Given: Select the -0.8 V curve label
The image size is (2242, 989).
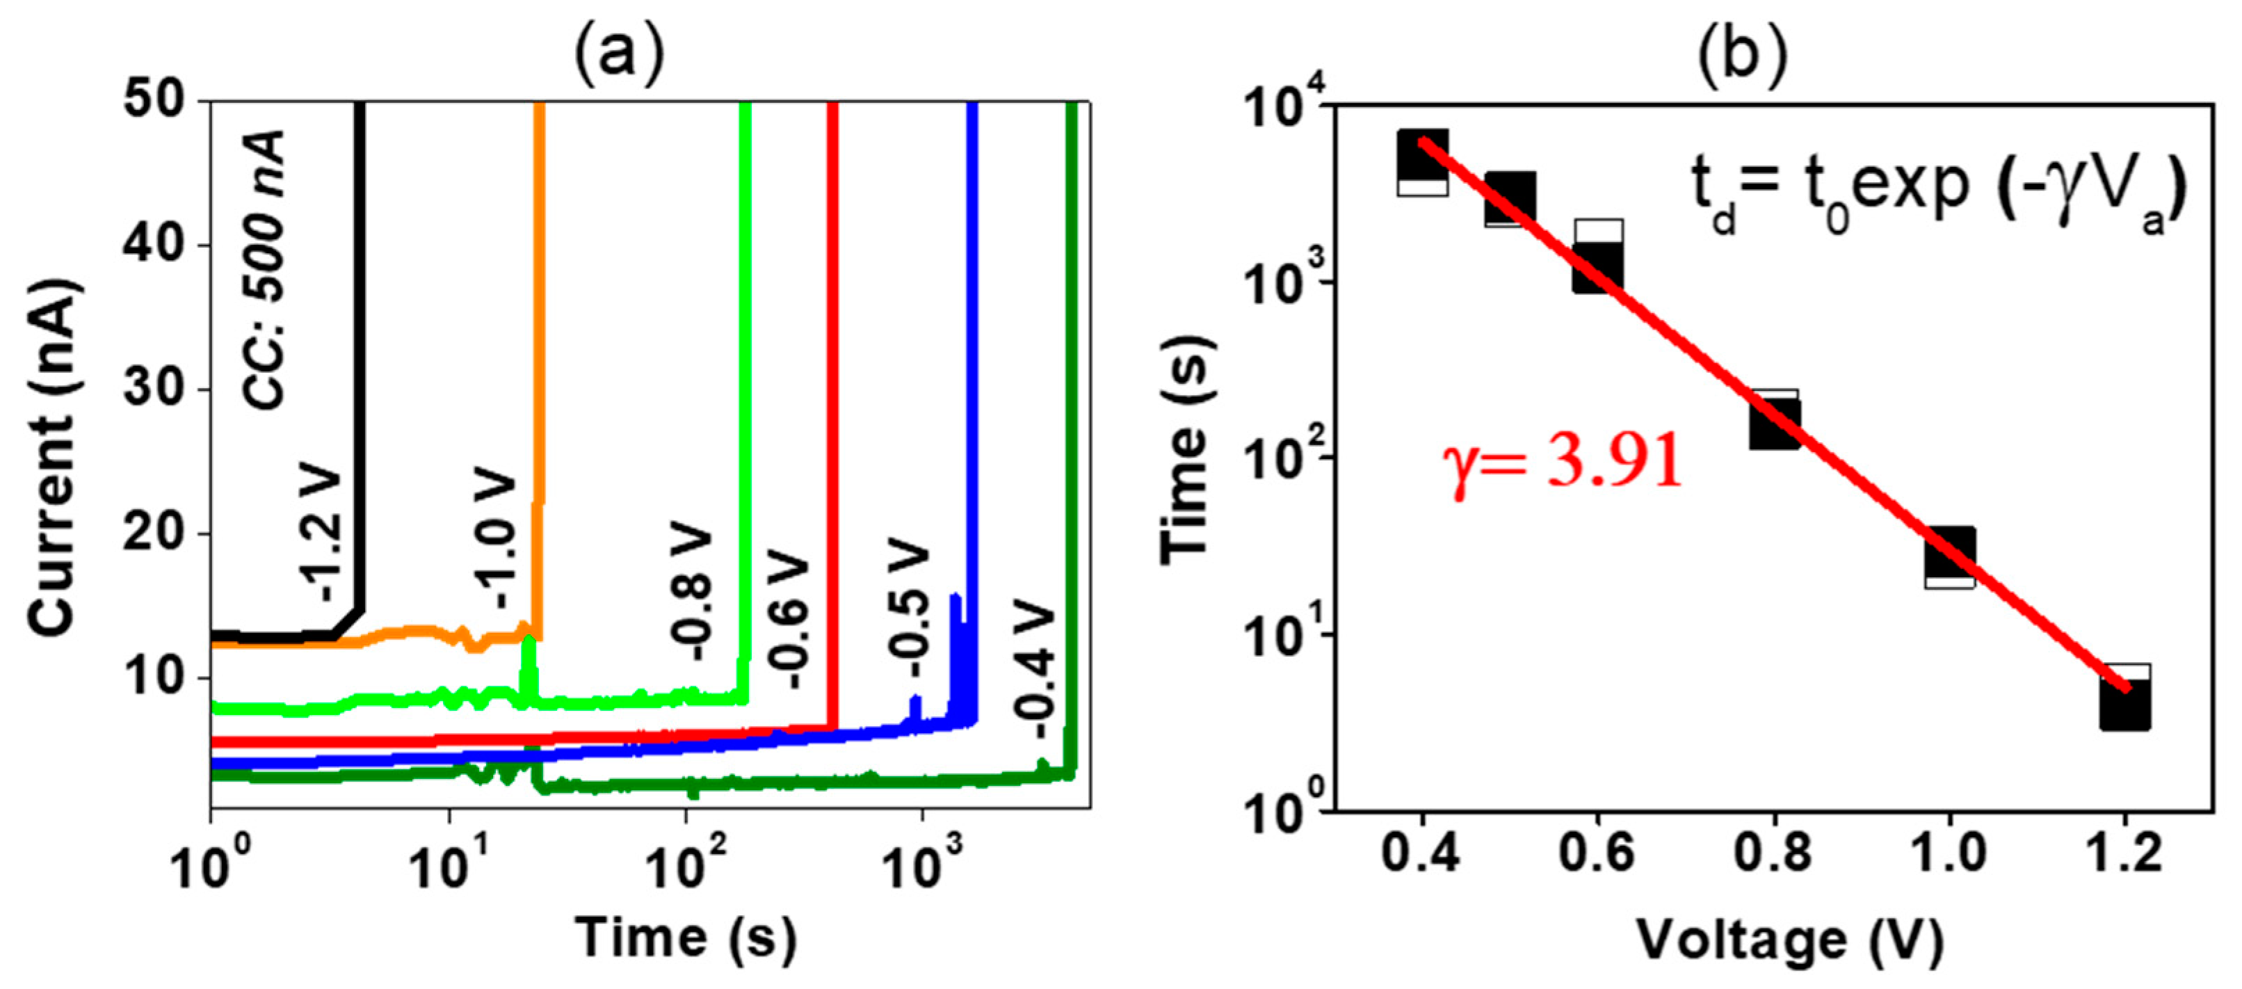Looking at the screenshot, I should pos(692,595).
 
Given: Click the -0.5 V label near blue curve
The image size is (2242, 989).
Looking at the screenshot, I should pos(908,606).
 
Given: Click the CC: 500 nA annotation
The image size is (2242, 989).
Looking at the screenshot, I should pos(264,270).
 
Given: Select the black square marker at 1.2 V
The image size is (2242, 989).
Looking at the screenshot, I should pos(2124,703).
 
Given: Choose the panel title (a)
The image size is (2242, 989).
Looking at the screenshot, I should pos(619,54).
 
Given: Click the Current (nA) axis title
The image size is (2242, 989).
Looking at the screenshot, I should pos(54,456).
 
